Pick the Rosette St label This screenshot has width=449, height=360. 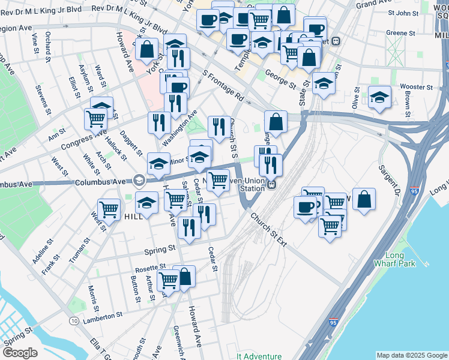click(150, 266)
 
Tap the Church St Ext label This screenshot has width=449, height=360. click(269, 229)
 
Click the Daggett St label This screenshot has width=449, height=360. click(131, 142)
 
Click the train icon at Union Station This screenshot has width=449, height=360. click(271, 185)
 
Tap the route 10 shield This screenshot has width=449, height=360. click(73, 321)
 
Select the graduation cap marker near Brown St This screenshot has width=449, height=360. click(379, 97)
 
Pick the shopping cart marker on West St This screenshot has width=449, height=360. click(109, 209)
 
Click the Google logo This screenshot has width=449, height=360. click(20, 353)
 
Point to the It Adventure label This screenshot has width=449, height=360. click(259, 356)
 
